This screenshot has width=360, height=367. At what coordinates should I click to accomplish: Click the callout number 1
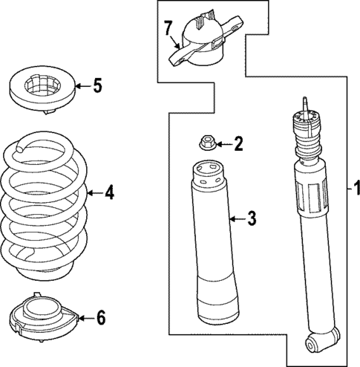pyautogui.click(x=356, y=186)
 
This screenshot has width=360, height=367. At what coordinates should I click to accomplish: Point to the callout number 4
pyautogui.click(x=109, y=193)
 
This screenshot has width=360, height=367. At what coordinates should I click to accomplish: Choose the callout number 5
pyautogui.click(x=97, y=85)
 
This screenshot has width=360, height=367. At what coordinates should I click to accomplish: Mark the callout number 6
pyautogui.click(x=101, y=317)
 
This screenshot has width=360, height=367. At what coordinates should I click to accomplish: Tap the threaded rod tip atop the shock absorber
pyautogui.click(x=303, y=103)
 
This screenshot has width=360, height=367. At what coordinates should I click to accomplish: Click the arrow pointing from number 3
pyautogui.click(x=236, y=218)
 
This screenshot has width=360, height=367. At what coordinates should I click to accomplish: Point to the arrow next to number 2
pyautogui.click(x=223, y=143)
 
